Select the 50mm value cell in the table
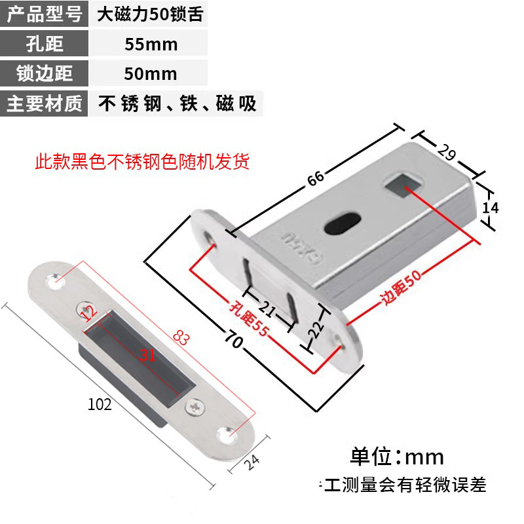[x=151, y=73]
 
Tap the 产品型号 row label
[x=44, y=14]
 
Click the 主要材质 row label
[x=44, y=103]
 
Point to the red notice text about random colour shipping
[x=142, y=161]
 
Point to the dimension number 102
[x=100, y=404]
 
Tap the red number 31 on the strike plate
[x=147, y=356]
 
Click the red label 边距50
[x=403, y=289]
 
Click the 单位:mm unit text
[x=397, y=456]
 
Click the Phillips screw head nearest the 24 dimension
[x=195, y=407]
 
